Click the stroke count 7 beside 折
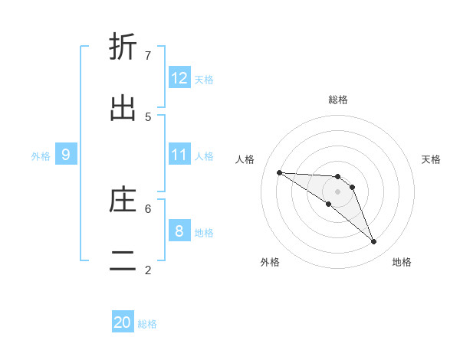148,55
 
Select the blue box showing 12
179,78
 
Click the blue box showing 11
179,155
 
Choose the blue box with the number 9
66,155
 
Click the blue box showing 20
123,323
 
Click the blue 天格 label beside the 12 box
204,79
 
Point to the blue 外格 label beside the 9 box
41,155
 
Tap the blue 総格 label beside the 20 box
147,324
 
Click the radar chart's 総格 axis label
338,100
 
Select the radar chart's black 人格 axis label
245,159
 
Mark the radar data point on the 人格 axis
279,172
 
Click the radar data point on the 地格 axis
374,242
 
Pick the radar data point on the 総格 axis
338,177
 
